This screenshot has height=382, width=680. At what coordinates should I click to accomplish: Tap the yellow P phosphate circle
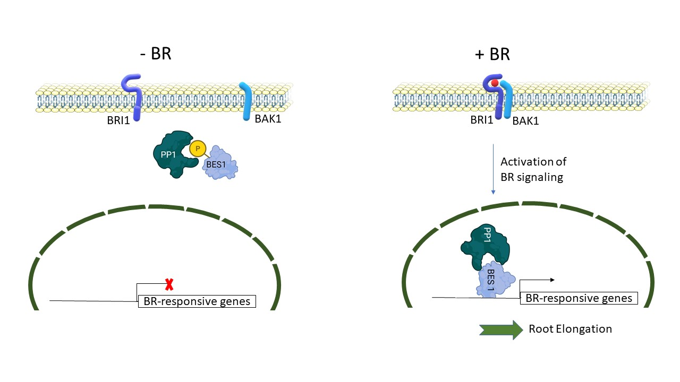197,149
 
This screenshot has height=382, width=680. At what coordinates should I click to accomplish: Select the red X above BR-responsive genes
169,285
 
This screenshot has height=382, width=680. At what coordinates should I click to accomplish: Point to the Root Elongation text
570,329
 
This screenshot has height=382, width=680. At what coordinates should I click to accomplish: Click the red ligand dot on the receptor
494,83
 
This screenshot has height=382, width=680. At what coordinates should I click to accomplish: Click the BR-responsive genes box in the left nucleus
197,302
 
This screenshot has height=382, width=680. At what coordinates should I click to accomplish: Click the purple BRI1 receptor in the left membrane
133,95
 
